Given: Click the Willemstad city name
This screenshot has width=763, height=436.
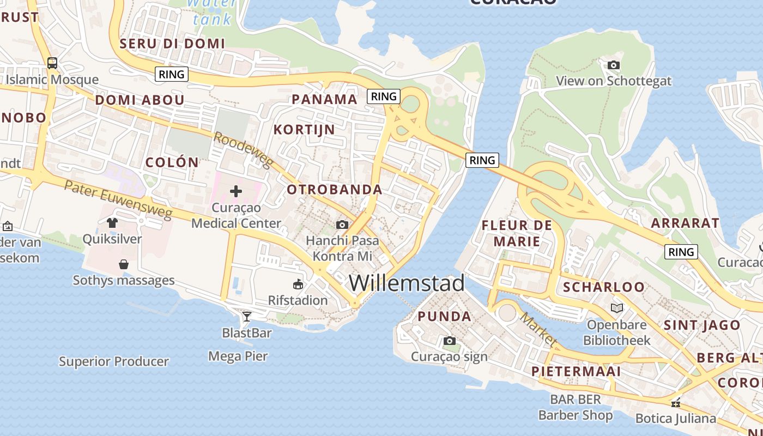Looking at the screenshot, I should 407,283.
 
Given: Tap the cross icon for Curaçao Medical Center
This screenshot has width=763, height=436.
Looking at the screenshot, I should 236,191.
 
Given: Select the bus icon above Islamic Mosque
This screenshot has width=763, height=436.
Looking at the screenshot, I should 52,63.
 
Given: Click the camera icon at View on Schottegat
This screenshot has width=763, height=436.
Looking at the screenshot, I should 614,65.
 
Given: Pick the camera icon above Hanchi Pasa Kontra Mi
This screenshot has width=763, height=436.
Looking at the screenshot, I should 342,225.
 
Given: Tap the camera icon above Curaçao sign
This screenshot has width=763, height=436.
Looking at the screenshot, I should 449,341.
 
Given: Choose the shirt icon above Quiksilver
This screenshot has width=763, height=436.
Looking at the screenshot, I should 112,222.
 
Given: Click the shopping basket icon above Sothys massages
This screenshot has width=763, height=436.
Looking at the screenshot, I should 124,264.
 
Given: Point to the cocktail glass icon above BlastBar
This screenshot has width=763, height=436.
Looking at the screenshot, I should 247,316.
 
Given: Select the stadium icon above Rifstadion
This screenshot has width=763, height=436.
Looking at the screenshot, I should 298,284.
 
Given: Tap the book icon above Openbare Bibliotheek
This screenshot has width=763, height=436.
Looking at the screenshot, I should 617,308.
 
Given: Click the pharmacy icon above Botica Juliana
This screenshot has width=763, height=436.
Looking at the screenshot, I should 676,403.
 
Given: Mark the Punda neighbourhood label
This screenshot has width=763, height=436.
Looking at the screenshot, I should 445,317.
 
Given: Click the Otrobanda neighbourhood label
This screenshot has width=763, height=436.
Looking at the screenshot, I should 335,190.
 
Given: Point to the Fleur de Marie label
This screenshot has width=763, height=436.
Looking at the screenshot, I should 517,233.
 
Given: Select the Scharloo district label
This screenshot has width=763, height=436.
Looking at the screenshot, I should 603,287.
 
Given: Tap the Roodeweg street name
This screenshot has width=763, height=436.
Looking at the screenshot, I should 243,150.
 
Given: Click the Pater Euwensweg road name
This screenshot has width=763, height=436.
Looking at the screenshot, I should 118,199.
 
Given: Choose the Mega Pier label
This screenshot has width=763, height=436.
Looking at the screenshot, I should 238,356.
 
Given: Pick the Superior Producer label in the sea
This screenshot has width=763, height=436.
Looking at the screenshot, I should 114,361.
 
